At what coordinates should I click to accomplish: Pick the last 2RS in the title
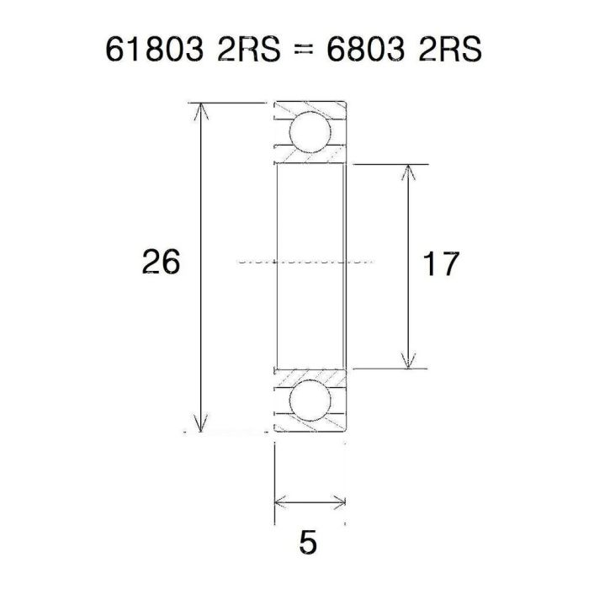click(x=447, y=50)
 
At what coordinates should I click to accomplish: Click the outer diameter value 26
click(x=160, y=263)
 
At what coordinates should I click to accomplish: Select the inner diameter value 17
click(x=440, y=265)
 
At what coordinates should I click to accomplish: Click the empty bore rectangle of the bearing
click(x=309, y=219)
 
